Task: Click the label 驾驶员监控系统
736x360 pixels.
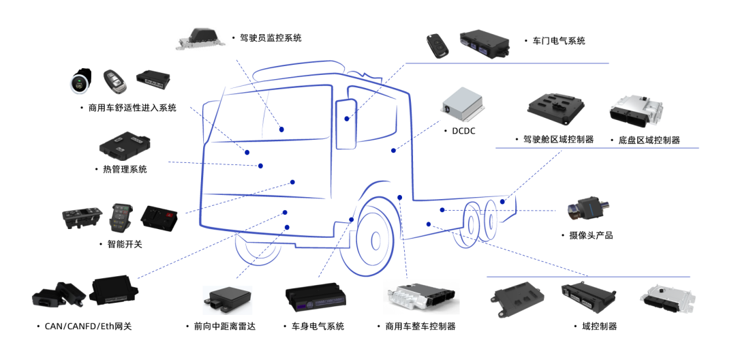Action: pyautogui.click(x=271, y=38)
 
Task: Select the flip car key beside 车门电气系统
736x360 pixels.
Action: pyautogui.click(x=434, y=44)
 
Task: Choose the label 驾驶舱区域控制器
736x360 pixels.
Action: pyautogui.click(x=558, y=140)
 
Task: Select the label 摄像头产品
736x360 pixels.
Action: pyautogui.click(x=591, y=235)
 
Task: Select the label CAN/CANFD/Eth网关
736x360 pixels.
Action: pyautogui.click(x=88, y=327)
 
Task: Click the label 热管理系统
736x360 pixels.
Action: pyautogui.click(x=124, y=169)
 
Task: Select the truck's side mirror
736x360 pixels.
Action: pyautogui.click(x=346, y=123)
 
